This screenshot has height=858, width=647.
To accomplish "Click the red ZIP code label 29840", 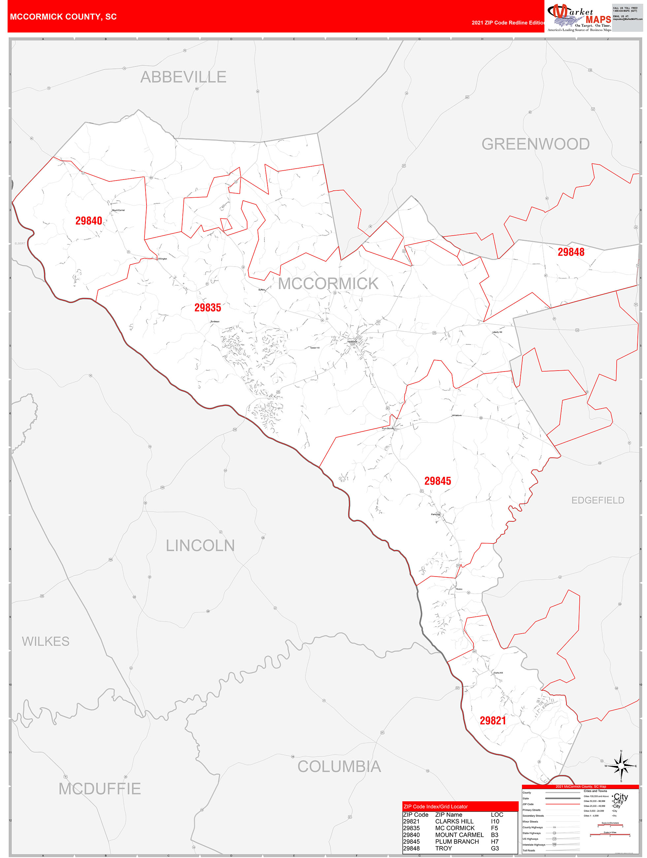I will coord(88,221).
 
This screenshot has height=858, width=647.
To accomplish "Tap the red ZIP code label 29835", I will coord(208,308).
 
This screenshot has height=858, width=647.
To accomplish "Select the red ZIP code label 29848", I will coord(570,252).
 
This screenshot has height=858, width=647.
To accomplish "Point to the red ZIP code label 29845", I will coord(437,481).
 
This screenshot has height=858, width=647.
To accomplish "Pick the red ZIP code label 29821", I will coord(493,721).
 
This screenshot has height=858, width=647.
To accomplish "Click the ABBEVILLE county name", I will coord(183,77).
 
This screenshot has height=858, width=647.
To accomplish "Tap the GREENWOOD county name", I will coord(535,144).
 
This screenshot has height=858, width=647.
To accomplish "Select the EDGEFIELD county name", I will coord(598,500).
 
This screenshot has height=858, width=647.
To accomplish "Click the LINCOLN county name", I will coord(200,545).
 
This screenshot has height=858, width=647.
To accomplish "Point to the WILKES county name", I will coord(46,641).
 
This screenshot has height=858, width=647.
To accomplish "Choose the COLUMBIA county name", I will coord(339,767).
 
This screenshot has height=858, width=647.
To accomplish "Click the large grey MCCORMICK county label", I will coord(328,283).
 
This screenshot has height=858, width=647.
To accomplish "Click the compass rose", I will coord(621,766).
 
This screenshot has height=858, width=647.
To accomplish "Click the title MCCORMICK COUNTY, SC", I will coord(63,17).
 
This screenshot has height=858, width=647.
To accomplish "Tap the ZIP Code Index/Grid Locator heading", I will coord(436,807).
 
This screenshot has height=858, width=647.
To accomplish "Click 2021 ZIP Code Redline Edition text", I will coord(508,22).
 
